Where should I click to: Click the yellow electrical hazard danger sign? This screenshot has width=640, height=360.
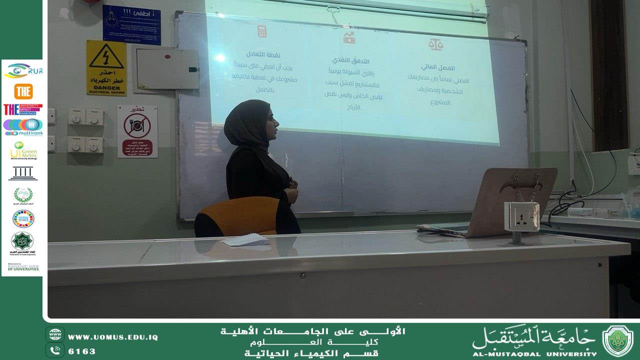(106, 67)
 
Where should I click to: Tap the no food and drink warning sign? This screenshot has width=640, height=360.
(137, 131)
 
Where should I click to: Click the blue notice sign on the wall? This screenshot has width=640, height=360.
(131, 24)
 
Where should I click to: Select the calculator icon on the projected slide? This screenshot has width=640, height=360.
(261, 31)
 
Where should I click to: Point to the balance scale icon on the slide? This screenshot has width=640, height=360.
(435, 44)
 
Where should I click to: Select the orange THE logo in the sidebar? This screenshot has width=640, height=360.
(23, 91)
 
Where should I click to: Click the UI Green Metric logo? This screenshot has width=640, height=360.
(23, 150)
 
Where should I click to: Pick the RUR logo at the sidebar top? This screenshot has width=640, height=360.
(23, 71)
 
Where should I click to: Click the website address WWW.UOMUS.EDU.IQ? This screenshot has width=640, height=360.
(112, 337)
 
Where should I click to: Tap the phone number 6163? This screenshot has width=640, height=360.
(81, 351)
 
